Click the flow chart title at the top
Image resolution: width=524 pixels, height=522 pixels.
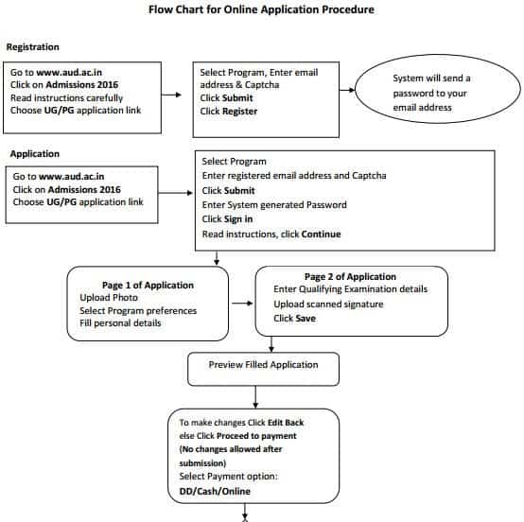pyautogui.click(x=261, y=9)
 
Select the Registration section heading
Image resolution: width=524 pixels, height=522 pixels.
pyautogui.click(x=33, y=47)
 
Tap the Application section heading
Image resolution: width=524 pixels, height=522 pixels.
pyautogui.click(x=35, y=154)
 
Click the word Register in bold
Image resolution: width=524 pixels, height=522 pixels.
pyautogui.click(x=240, y=112)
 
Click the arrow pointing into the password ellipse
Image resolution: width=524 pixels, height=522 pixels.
pyautogui.click(x=347, y=90)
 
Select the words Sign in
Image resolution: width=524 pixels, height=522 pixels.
pyautogui.click(x=238, y=219)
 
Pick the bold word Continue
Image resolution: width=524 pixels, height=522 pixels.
pyautogui.click(x=321, y=234)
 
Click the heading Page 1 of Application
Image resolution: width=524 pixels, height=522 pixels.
pyautogui.click(x=148, y=285)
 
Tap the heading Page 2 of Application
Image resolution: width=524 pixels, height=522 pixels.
pyautogui.click(x=350, y=277)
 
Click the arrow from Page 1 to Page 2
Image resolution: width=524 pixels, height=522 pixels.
pyautogui.click(x=242, y=304)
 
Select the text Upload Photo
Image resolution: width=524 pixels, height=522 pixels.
pyautogui.click(x=109, y=298)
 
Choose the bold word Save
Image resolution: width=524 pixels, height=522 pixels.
pyautogui.click(x=305, y=319)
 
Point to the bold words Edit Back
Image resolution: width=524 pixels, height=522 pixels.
pyautogui.click(x=286, y=423)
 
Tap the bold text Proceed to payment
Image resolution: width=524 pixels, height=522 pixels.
pyautogui.click(x=256, y=436)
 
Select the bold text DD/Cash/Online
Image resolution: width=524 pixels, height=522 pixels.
pyautogui.click(x=215, y=491)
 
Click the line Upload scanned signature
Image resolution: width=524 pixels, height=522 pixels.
pyautogui.click(x=328, y=304)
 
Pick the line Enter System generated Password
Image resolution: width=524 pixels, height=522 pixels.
pyautogui.click(x=274, y=205)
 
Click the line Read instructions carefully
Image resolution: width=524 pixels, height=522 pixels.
pyautogui.click(x=67, y=98)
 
